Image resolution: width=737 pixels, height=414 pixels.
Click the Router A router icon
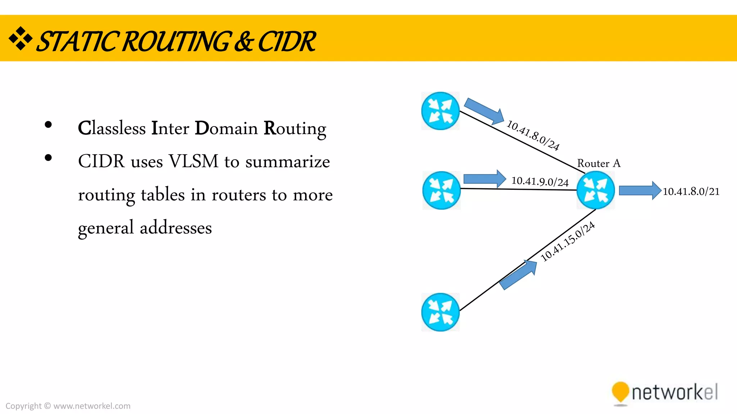click(x=596, y=190)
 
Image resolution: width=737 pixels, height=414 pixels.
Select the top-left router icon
click(x=440, y=111)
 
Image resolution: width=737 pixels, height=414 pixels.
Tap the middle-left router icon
click(x=442, y=190)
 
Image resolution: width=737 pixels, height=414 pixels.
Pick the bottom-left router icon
click(x=440, y=312)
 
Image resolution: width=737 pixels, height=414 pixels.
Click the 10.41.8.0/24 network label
click(x=533, y=135)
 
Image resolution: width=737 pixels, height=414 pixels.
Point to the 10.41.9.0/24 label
click(x=540, y=181)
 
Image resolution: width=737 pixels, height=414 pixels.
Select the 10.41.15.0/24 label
click(x=568, y=242)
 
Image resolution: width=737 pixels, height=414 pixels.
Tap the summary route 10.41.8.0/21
click(x=691, y=192)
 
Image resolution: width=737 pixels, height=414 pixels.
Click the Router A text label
click(x=599, y=164)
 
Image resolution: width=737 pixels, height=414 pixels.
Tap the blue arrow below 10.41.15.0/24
click(x=519, y=275)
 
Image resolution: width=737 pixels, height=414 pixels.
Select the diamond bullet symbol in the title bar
click(x=21, y=38)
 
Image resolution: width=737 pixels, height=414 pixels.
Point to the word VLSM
click(x=194, y=161)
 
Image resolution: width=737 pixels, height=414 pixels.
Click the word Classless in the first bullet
click(x=112, y=128)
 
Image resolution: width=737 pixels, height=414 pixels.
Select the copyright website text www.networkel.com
click(x=92, y=406)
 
